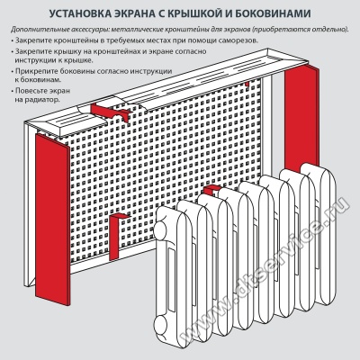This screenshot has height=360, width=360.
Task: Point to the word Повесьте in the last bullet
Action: coord(31,91)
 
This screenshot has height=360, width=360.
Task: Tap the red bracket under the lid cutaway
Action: coord(110,112)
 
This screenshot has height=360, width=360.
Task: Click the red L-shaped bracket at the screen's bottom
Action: coord(115,237)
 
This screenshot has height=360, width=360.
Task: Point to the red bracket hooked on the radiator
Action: coord(211,189)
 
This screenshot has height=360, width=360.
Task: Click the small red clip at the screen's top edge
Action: coord(247,85)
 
